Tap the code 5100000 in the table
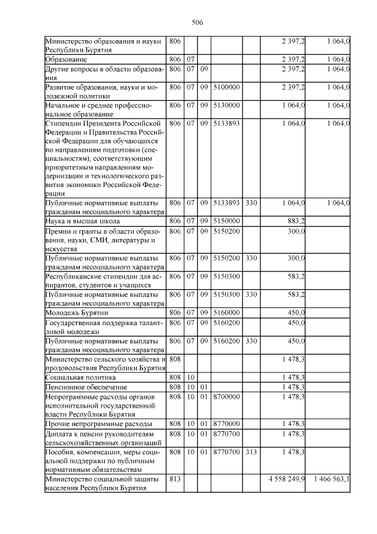(226, 87)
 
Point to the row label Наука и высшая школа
(82, 221)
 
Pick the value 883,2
(294, 221)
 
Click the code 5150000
(226, 221)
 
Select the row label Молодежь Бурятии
(77, 312)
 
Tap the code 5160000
(226, 312)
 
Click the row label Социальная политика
(80, 376)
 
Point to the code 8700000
(226, 397)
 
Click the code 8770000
(226, 424)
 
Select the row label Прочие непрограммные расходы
(99, 424)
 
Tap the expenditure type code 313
(251, 452)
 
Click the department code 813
(174, 479)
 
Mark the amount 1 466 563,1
(331, 479)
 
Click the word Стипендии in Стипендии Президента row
(64, 123)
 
